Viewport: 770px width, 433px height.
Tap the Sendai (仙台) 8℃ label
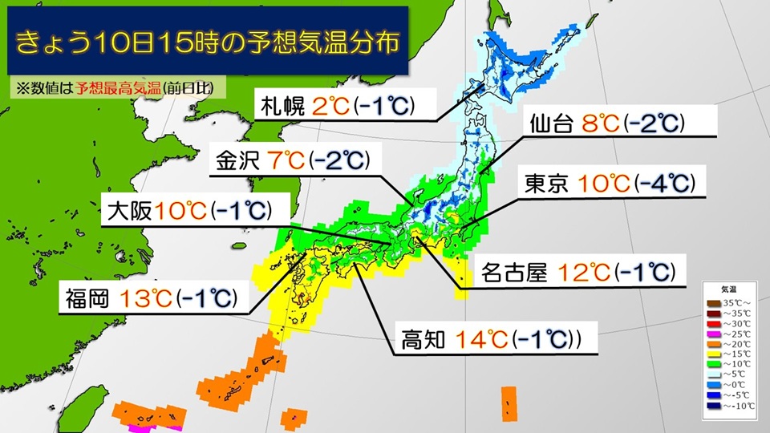(606, 123)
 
